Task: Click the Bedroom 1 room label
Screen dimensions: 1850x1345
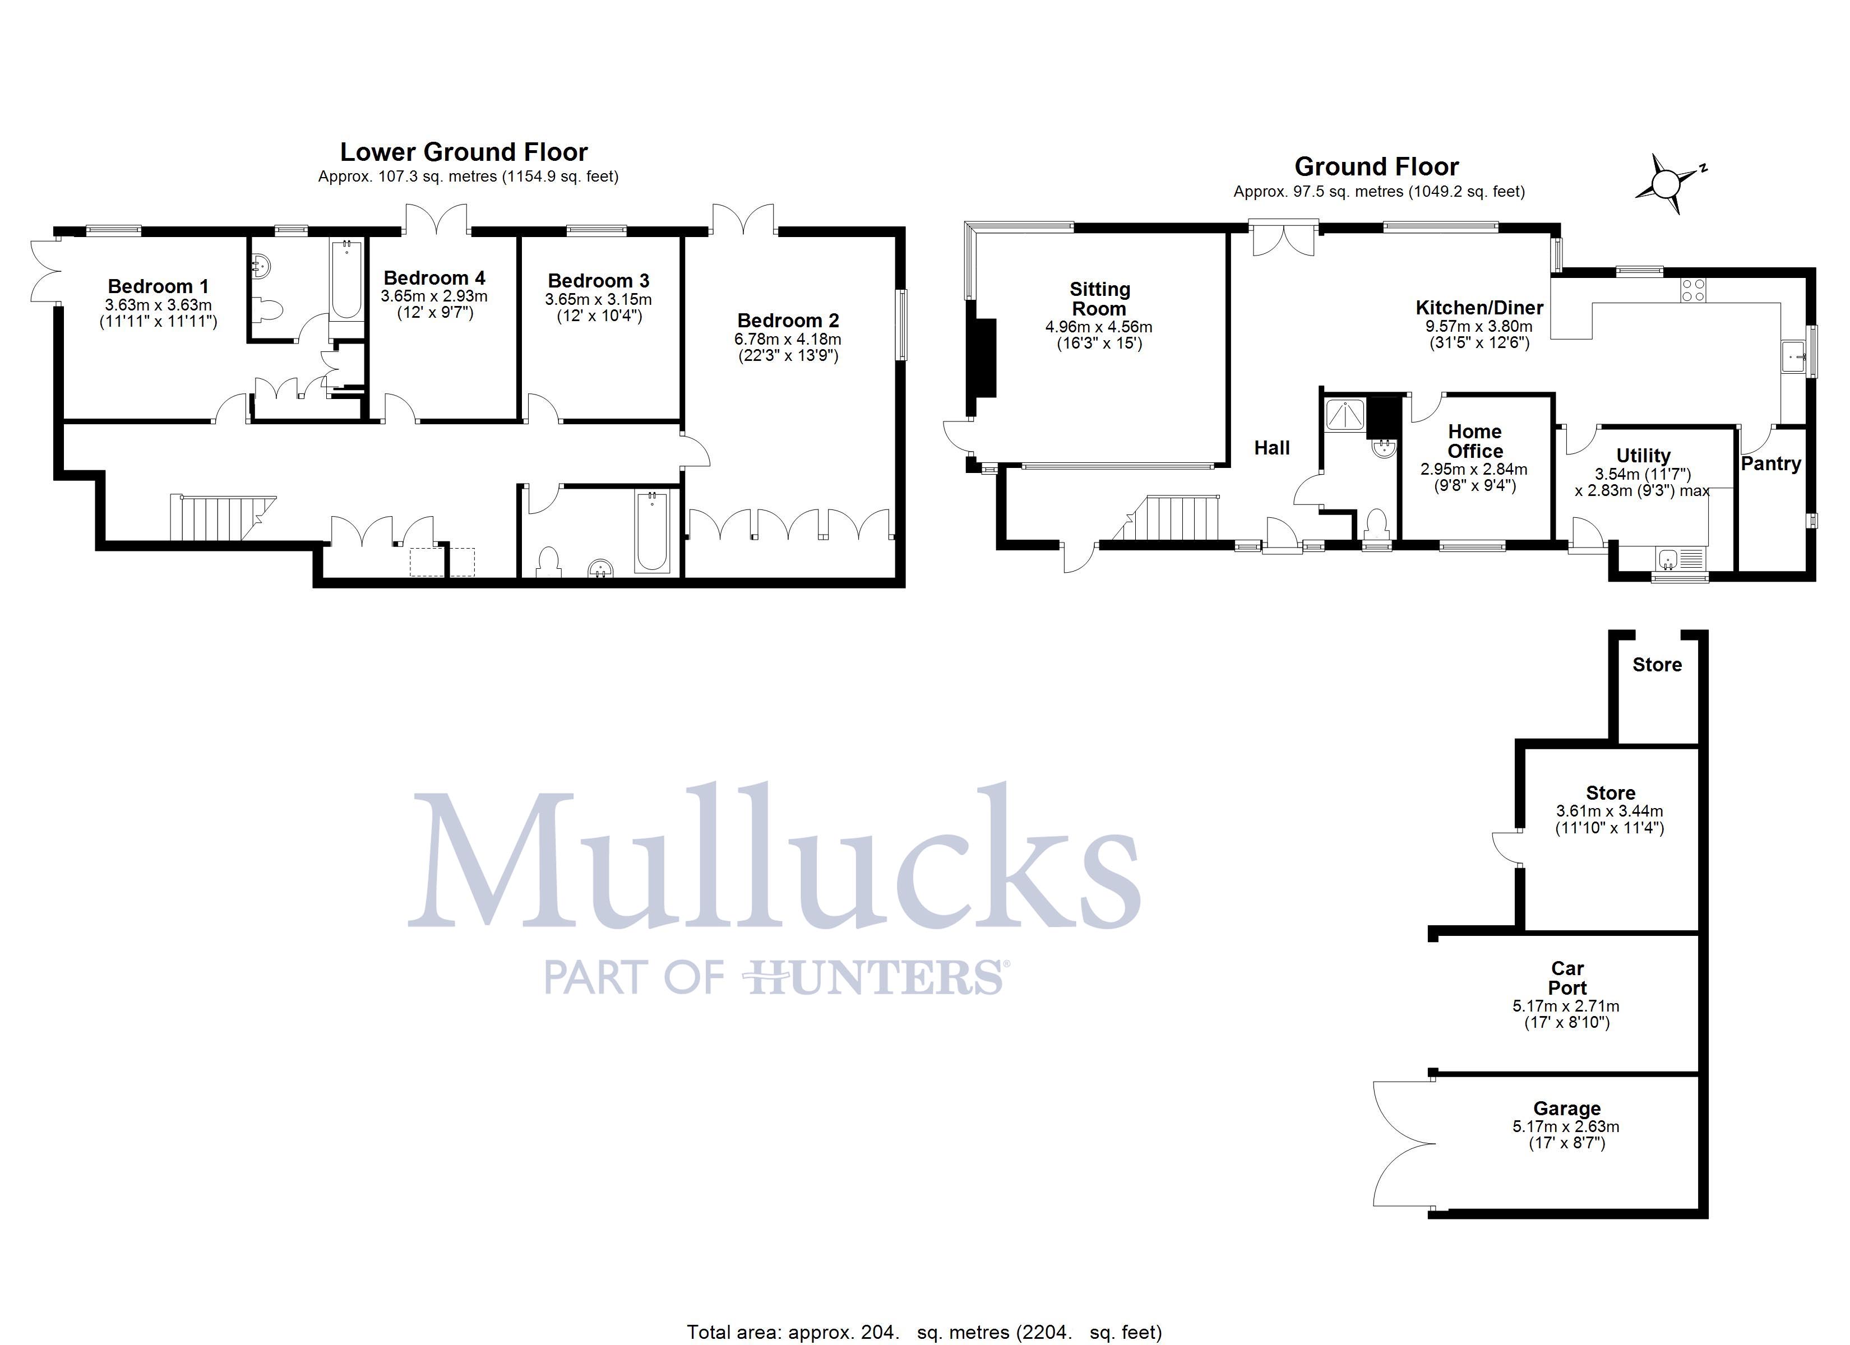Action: (x=158, y=286)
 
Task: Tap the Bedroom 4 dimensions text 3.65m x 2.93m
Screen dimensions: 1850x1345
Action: (x=434, y=296)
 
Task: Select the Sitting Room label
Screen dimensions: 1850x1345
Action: (x=1099, y=299)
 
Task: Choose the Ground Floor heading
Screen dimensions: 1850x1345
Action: (x=1376, y=166)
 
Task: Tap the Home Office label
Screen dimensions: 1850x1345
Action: (x=1475, y=441)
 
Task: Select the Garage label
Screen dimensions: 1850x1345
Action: (x=1566, y=1109)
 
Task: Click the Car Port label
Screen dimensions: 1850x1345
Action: (x=1567, y=978)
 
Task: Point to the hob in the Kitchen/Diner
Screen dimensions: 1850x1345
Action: (x=1692, y=290)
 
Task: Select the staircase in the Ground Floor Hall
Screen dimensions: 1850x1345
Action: (x=1174, y=517)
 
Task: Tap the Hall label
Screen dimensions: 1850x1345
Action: (x=1271, y=448)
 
